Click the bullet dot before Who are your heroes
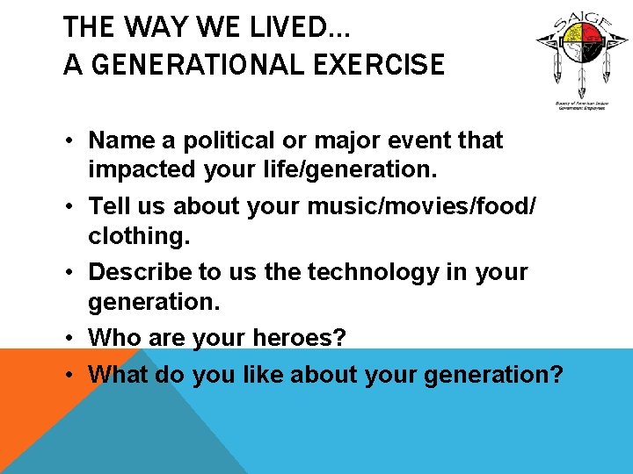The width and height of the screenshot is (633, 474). coord(73,337)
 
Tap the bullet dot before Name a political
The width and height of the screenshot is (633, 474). coord(73,140)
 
